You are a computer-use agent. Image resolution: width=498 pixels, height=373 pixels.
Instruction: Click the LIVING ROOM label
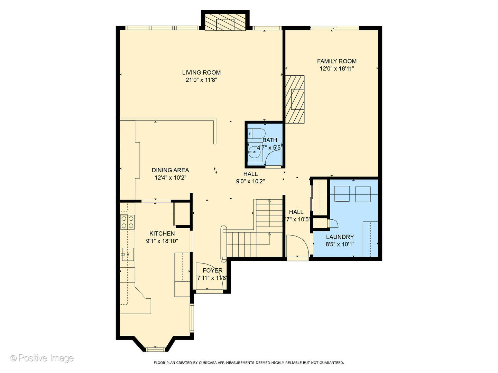coord(201,73)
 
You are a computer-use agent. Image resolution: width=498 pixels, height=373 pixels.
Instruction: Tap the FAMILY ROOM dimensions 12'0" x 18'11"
coord(336,69)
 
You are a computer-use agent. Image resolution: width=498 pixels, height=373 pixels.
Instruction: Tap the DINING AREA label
coord(170,170)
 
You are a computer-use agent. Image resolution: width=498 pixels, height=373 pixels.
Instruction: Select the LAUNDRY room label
coord(340,237)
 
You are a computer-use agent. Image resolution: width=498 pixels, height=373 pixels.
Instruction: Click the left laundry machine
coord(342,194)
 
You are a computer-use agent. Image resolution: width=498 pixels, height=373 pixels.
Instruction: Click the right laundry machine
coord(363,194)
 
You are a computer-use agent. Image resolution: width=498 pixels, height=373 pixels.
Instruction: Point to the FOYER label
coord(212,270)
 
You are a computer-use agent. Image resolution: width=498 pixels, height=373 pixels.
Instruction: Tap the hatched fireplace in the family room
coord(295,99)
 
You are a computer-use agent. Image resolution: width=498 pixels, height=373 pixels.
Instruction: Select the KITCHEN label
coord(162,233)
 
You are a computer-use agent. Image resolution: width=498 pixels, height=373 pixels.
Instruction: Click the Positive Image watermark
coord(42,358)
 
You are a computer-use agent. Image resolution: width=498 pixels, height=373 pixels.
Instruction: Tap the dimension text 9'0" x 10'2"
coord(250,181)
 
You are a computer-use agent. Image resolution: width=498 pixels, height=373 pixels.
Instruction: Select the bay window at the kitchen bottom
coord(155,349)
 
